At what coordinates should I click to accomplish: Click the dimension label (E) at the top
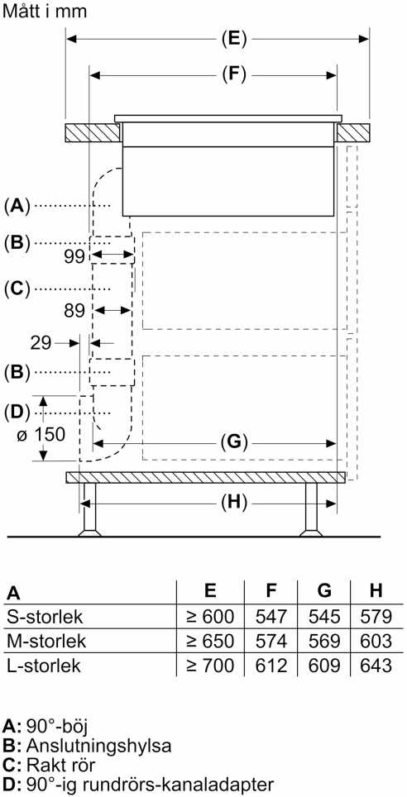point(234,39)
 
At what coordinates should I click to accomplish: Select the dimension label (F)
point(234,75)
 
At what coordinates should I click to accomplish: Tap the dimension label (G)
point(234,442)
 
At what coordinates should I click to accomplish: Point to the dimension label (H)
point(234,503)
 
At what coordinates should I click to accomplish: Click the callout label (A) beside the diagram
point(17,206)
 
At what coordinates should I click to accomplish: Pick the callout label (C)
point(17,289)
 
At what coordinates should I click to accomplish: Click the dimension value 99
point(74,256)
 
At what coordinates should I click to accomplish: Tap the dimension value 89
point(74,311)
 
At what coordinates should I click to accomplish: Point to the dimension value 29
point(41,343)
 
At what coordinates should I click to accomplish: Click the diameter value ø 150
point(41,436)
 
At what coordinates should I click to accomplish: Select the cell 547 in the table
point(271,617)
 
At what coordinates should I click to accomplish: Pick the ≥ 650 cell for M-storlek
point(210,642)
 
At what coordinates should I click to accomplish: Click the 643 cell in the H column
point(376,666)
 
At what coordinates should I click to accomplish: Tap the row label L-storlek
point(44,666)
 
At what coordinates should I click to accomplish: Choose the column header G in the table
point(324,591)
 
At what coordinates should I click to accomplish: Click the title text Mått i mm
point(45,12)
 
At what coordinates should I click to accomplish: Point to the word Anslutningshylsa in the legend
point(98,746)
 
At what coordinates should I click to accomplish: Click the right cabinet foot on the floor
point(311,510)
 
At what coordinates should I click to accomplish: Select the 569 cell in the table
point(324,642)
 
